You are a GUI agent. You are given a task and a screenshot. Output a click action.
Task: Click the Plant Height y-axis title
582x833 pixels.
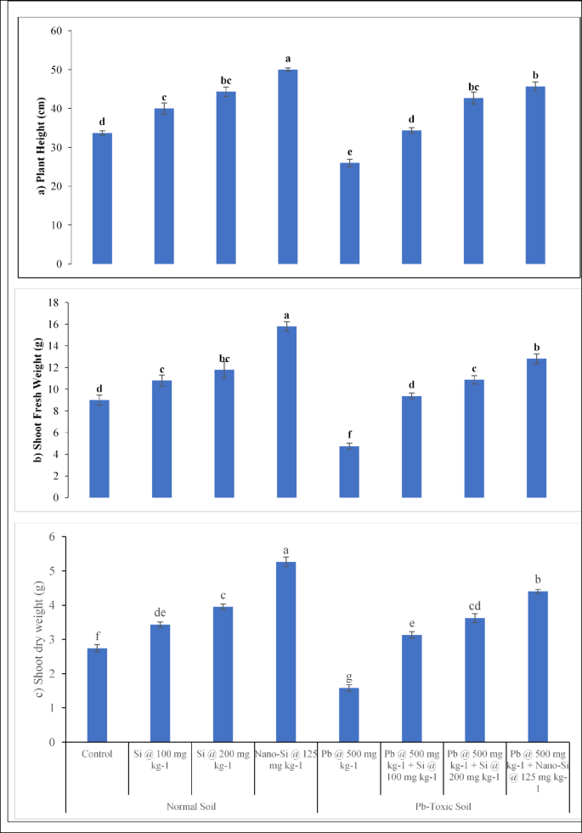(x=40, y=145)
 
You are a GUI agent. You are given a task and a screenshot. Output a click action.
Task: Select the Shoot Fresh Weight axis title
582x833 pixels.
(x=37, y=399)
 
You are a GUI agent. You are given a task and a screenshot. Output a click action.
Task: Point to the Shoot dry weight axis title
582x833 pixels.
(x=37, y=639)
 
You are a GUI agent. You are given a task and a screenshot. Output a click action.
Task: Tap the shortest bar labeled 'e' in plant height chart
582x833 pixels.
(x=349, y=212)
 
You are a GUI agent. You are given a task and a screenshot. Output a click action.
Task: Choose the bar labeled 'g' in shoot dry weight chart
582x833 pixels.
(x=349, y=715)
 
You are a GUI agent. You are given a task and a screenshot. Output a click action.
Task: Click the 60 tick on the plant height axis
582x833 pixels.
(x=56, y=31)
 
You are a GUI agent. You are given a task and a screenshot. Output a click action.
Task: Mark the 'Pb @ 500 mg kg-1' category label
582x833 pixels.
(x=349, y=759)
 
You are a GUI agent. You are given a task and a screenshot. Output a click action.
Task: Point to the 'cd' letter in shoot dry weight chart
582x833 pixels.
(x=475, y=605)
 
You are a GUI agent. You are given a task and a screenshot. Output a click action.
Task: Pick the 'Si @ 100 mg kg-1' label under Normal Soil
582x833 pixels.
(x=161, y=759)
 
